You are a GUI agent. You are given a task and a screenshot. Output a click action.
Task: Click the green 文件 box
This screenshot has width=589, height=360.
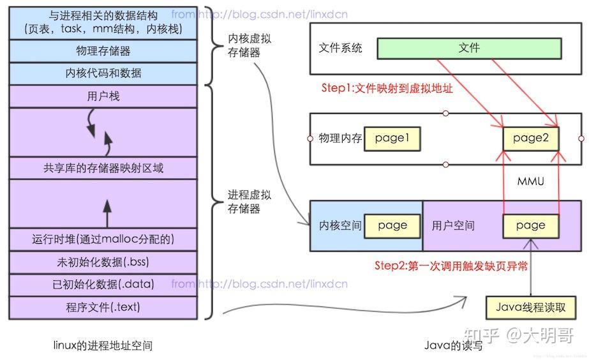(x=469, y=48)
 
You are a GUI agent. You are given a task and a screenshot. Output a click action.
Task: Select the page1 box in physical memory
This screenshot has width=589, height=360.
(x=392, y=138)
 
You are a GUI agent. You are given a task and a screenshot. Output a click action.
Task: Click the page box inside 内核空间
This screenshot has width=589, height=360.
(x=392, y=225)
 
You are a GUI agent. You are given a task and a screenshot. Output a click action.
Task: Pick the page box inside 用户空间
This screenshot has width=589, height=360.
(x=530, y=225)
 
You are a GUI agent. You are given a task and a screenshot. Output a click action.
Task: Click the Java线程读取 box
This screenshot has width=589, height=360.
(x=530, y=307)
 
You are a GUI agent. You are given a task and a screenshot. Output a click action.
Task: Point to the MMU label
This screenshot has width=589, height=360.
(x=531, y=182)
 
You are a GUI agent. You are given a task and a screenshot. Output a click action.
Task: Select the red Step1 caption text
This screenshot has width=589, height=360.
(x=387, y=89)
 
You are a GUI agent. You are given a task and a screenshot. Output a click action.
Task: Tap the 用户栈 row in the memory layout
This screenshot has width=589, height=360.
(x=102, y=96)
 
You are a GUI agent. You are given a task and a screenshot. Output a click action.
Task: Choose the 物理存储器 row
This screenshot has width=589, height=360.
(x=102, y=50)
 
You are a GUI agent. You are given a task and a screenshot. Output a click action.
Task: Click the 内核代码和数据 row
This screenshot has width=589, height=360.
(x=102, y=73)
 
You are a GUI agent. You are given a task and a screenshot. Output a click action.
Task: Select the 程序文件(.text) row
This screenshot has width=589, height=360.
(x=102, y=307)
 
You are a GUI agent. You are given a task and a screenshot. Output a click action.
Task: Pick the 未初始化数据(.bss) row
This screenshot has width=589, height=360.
(x=102, y=262)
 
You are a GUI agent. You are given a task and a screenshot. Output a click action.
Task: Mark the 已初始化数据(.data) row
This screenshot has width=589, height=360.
(x=102, y=285)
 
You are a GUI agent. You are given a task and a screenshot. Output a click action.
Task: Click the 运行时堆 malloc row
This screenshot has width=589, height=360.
(x=102, y=239)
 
